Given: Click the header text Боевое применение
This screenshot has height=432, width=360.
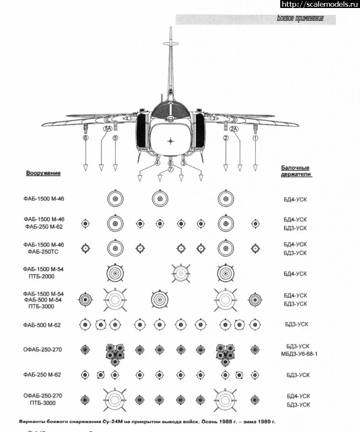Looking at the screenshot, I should (x=300, y=19).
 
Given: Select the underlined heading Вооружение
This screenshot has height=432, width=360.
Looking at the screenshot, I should (x=43, y=173).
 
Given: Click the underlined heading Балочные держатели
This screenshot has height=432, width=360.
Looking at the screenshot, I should (x=295, y=171).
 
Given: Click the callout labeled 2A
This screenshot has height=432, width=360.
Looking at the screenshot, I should (x=234, y=129).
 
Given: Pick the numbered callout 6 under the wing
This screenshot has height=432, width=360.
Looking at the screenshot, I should (x=86, y=138).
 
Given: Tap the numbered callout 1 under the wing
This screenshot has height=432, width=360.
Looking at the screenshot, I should (x=255, y=138).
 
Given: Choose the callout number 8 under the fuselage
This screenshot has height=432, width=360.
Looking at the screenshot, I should (x=171, y=163).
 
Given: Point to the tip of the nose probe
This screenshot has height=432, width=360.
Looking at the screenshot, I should (x=171, y=29).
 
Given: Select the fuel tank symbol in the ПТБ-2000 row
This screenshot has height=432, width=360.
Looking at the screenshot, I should (x=181, y=273).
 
